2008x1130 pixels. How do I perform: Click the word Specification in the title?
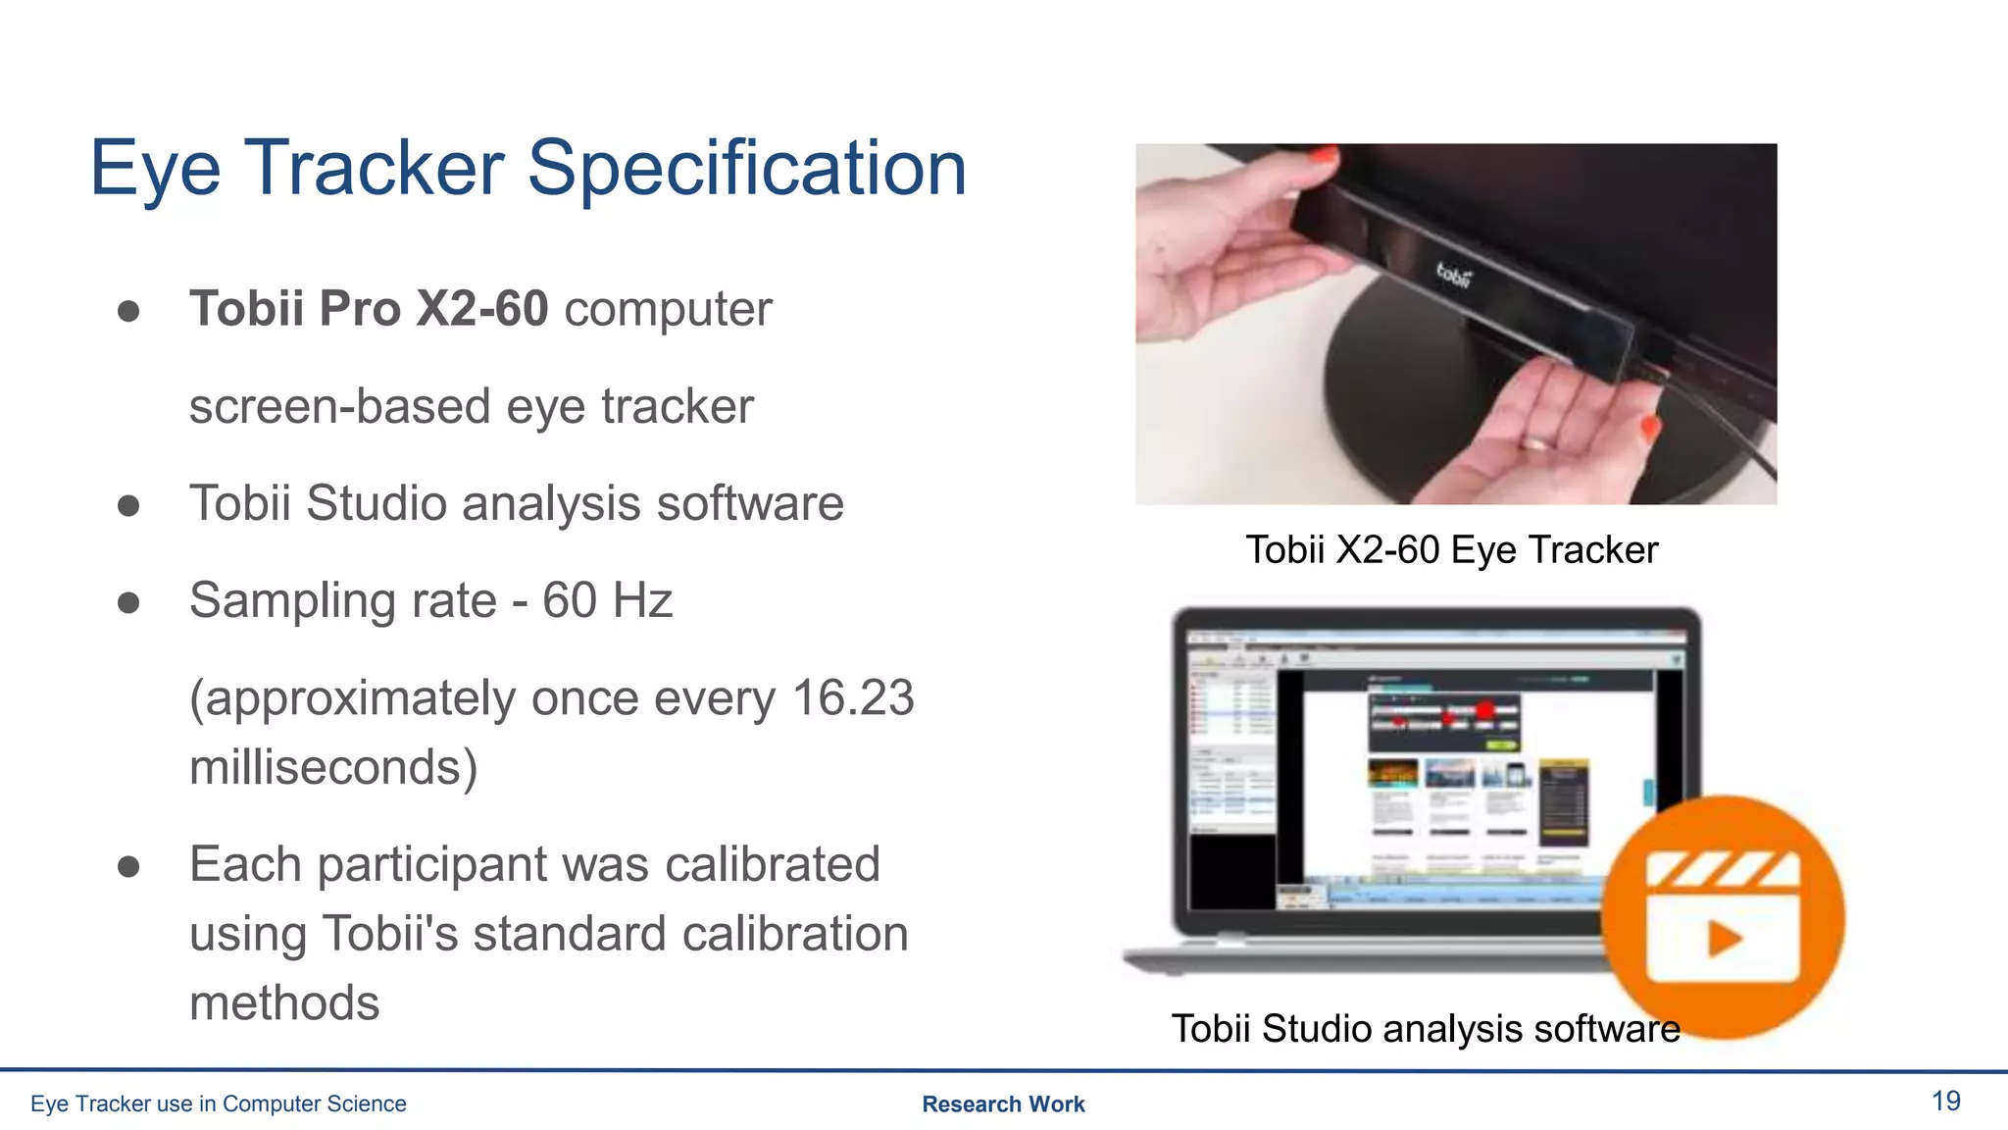tap(747, 169)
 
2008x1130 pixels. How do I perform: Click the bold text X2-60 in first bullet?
tap(481, 309)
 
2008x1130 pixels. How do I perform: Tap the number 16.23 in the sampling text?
tap(852, 698)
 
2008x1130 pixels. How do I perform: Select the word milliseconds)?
tap(333, 767)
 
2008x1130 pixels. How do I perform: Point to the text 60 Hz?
tap(607, 600)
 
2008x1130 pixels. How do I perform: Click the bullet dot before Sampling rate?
tap(128, 602)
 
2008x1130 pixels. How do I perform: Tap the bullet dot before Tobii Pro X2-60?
tap(128, 312)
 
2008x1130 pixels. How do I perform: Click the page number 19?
tap(1945, 1101)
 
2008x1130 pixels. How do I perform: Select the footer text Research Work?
tap(1003, 1104)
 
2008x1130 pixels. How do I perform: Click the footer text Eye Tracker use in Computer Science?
tap(218, 1104)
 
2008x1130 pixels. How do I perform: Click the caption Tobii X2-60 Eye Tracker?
tap(1451, 550)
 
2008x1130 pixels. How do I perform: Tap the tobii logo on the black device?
tap(1454, 275)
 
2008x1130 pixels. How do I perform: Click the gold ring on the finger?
tap(1536, 443)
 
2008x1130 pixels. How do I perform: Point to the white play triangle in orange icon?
tap(1725, 939)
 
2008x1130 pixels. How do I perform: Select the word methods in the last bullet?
tap(284, 1003)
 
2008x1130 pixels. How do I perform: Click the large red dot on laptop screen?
tap(1484, 710)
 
